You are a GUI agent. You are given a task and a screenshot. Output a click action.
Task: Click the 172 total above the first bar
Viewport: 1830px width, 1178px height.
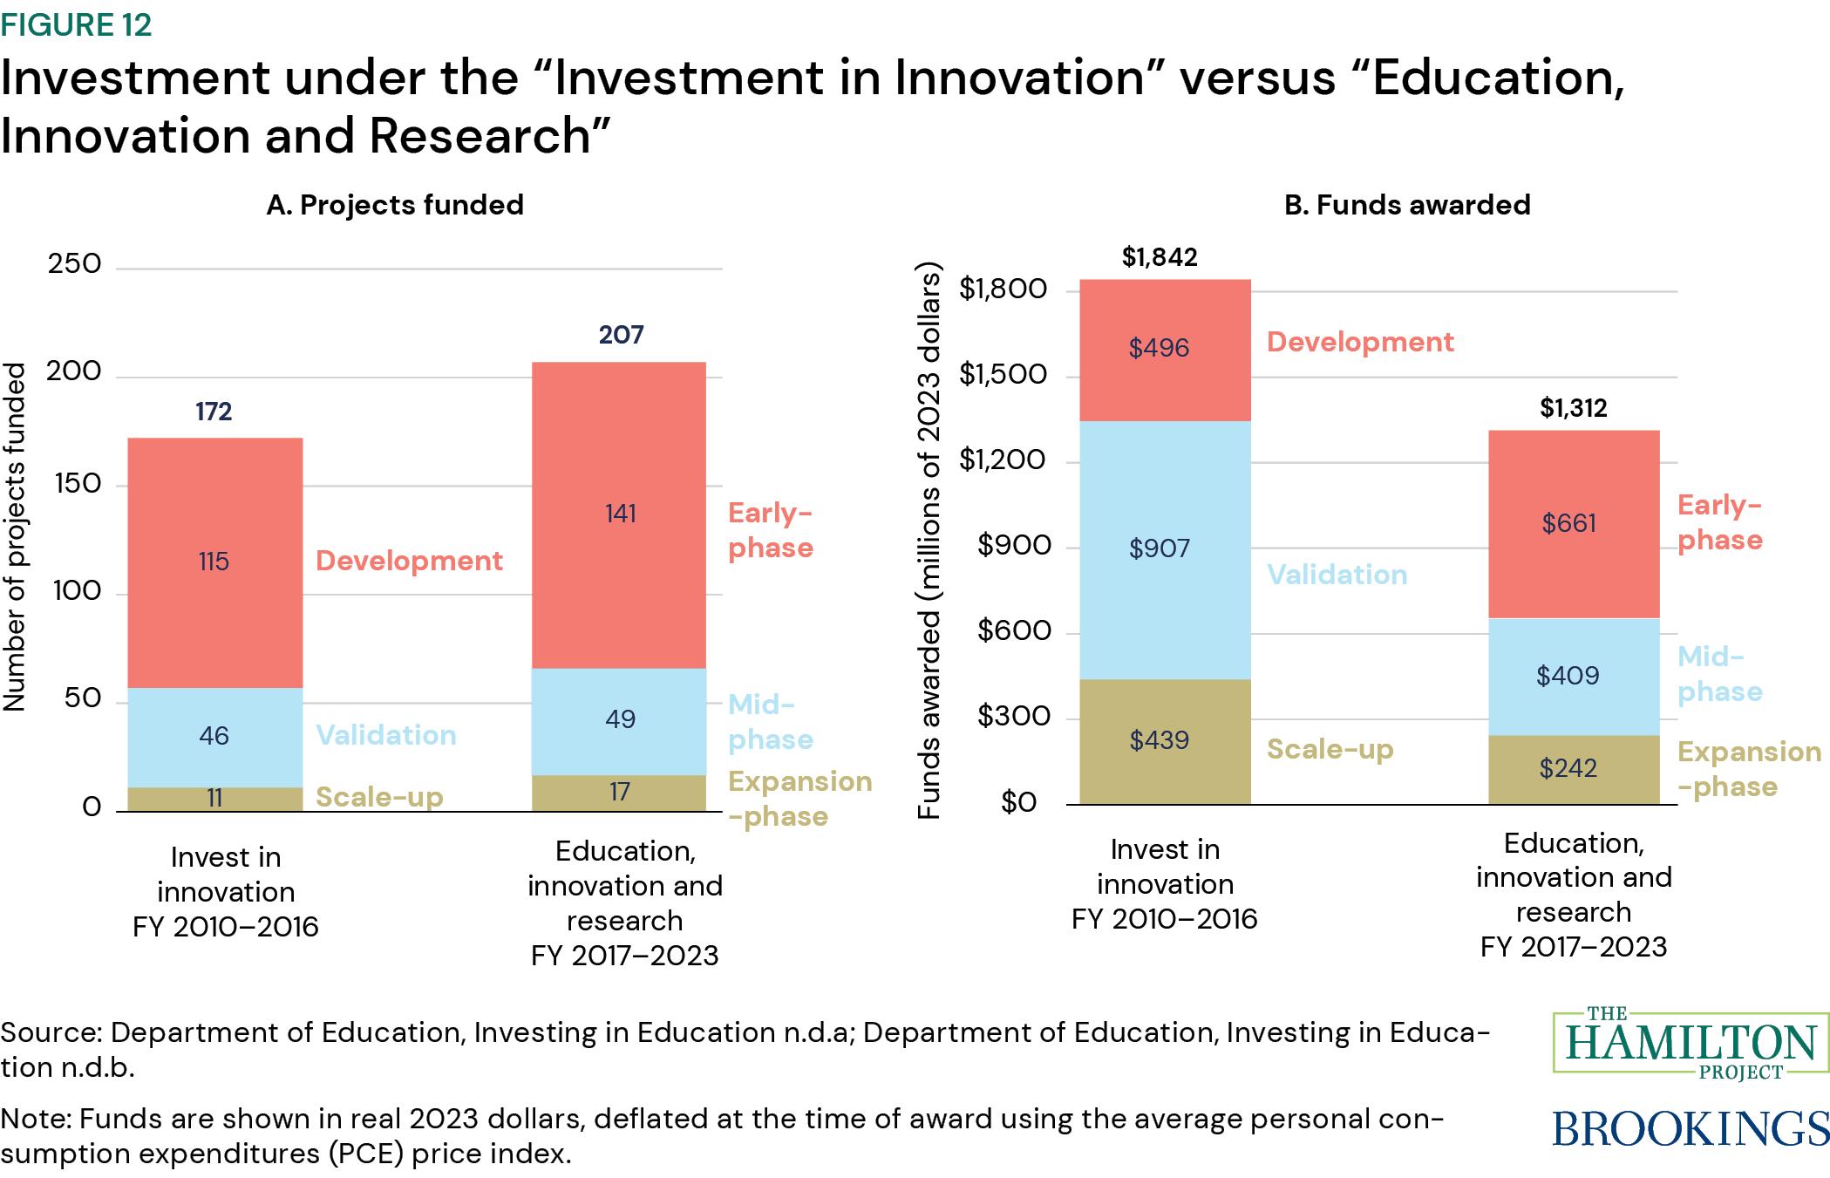pos(214,412)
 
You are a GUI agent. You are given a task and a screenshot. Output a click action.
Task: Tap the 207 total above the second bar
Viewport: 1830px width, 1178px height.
pos(621,335)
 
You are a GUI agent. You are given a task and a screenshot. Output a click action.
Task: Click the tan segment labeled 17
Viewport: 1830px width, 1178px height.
pos(619,793)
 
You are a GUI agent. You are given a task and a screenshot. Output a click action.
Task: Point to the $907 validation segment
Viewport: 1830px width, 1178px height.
pos(1164,548)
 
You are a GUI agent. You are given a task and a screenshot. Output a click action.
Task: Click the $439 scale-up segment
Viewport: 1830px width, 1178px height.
pos(1164,740)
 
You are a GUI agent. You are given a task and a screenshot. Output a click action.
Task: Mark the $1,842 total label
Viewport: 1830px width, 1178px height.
pos(1160,257)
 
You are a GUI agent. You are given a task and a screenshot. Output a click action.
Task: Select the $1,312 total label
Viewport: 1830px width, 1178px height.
pos(1573,408)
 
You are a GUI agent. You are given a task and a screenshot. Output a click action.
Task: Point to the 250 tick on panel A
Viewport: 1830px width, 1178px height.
pos(75,264)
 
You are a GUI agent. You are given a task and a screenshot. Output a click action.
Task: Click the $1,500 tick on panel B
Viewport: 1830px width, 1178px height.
pos(1003,374)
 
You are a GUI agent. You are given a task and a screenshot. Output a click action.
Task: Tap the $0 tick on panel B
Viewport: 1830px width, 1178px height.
pos(1018,801)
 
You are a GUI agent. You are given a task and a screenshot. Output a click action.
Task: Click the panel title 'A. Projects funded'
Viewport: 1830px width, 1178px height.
pos(395,205)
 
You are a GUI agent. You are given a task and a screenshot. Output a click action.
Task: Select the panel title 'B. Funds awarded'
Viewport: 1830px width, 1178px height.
pos(1407,205)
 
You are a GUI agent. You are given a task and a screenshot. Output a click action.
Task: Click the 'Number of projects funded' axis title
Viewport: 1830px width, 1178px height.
pos(16,536)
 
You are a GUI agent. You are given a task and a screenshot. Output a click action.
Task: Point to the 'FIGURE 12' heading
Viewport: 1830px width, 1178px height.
pos(77,25)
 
